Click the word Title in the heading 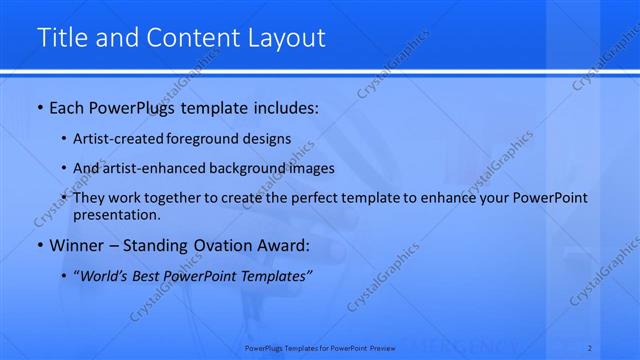point(59,38)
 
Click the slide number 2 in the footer point(590,348)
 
